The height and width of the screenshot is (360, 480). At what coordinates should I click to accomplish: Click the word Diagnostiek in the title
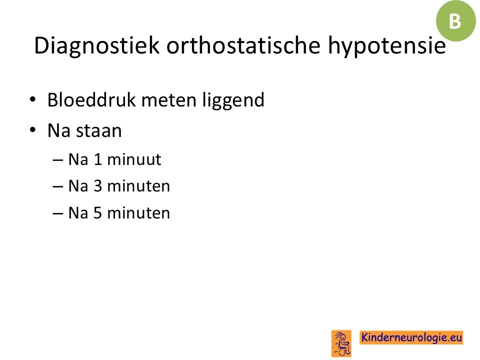pos(96,46)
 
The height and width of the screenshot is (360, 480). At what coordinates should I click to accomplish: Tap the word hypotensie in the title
pos(387,46)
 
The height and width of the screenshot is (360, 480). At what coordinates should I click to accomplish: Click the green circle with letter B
pos(455,21)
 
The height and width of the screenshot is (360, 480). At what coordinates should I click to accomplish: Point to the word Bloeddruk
pos(91,100)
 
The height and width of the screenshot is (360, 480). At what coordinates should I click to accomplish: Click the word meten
pos(168,100)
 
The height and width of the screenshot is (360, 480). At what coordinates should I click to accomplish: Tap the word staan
pos(99,131)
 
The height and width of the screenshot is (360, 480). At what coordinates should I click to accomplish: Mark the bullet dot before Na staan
pos(33,130)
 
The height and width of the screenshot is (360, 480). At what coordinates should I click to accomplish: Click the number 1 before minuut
pos(98,159)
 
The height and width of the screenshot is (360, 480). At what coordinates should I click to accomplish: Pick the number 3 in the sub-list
pos(98,186)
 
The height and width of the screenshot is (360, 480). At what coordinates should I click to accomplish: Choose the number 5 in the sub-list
pos(98,213)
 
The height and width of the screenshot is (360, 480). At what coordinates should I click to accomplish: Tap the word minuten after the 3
pos(138,186)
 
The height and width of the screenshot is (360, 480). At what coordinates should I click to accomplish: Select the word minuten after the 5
pos(138,213)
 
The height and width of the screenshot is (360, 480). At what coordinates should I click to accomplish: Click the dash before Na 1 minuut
pos(58,160)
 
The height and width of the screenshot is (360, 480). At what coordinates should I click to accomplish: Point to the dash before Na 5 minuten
pos(58,213)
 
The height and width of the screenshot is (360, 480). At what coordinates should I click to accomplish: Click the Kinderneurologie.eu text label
pos(411,337)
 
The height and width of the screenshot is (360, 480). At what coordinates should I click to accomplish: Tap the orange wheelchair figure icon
pos(341,343)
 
